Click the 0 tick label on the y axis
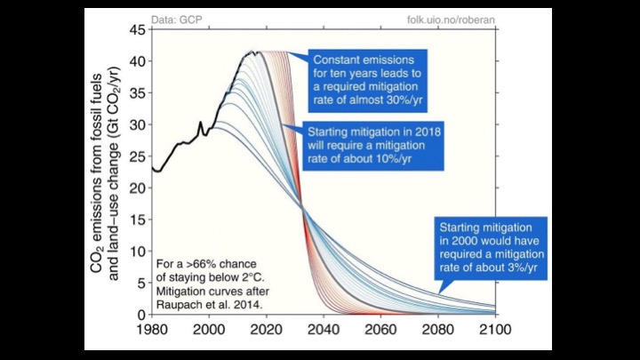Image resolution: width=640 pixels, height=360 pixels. tap(140, 315)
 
